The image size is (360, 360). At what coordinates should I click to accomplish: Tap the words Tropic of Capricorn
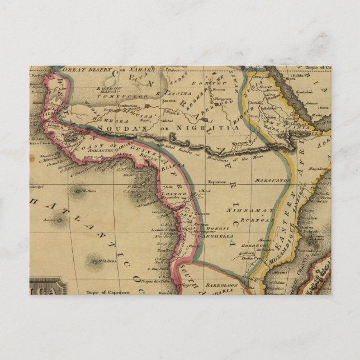point(108,292)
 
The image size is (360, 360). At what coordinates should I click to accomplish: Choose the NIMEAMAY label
point(244,211)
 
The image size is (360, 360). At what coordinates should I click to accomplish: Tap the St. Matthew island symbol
point(77,192)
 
